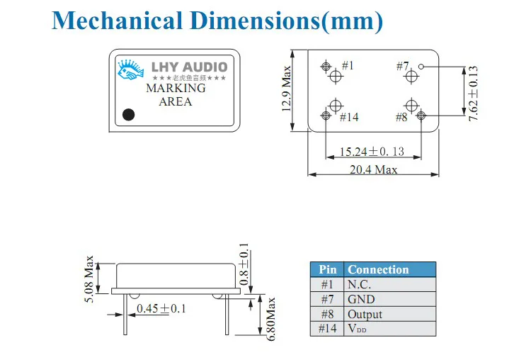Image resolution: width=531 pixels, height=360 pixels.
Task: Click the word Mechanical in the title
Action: (x=117, y=21)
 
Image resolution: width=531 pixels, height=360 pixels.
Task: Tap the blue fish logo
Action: (x=130, y=69)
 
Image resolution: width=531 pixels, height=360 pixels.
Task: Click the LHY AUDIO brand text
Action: (x=189, y=67)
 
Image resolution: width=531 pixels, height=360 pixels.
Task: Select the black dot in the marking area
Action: (x=128, y=115)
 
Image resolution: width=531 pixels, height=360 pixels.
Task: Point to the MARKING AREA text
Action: (x=176, y=94)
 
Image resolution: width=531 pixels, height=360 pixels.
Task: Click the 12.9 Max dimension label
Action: (x=287, y=89)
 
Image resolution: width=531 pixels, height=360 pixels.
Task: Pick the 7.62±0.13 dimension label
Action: (x=473, y=94)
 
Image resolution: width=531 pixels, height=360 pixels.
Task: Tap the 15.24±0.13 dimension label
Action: (x=372, y=152)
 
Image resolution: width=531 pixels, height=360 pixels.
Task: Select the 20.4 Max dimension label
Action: (x=373, y=169)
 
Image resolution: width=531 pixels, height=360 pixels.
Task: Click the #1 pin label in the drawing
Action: (x=348, y=65)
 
